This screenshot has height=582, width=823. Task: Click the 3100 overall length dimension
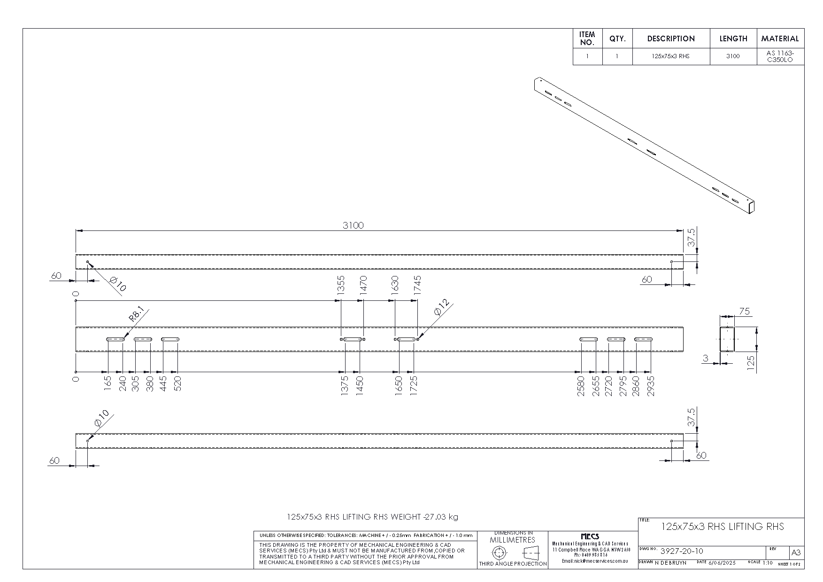click(x=353, y=225)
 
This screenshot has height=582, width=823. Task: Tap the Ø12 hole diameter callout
click(x=441, y=307)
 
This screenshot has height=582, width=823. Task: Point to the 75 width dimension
click(x=744, y=311)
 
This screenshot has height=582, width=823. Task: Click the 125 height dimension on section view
click(x=751, y=364)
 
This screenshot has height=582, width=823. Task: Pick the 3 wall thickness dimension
click(x=706, y=359)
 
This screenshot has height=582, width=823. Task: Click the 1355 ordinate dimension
click(x=341, y=285)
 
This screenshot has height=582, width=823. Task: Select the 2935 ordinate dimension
click(x=651, y=386)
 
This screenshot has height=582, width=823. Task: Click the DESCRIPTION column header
click(x=670, y=38)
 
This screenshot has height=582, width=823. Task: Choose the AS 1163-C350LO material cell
click(x=780, y=56)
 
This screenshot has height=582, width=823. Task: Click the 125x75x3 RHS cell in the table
click(x=670, y=56)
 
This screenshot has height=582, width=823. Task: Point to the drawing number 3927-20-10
click(x=681, y=551)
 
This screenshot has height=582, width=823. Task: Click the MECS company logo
click(x=590, y=536)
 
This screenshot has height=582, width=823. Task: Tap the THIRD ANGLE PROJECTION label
click(x=513, y=564)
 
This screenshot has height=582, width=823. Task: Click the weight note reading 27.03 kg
click(x=372, y=517)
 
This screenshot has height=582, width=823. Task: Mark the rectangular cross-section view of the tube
click(x=727, y=339)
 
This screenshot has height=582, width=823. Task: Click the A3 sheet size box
click(x=796, y=552)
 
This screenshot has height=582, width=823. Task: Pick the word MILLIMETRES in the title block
click(x=512, y=540)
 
